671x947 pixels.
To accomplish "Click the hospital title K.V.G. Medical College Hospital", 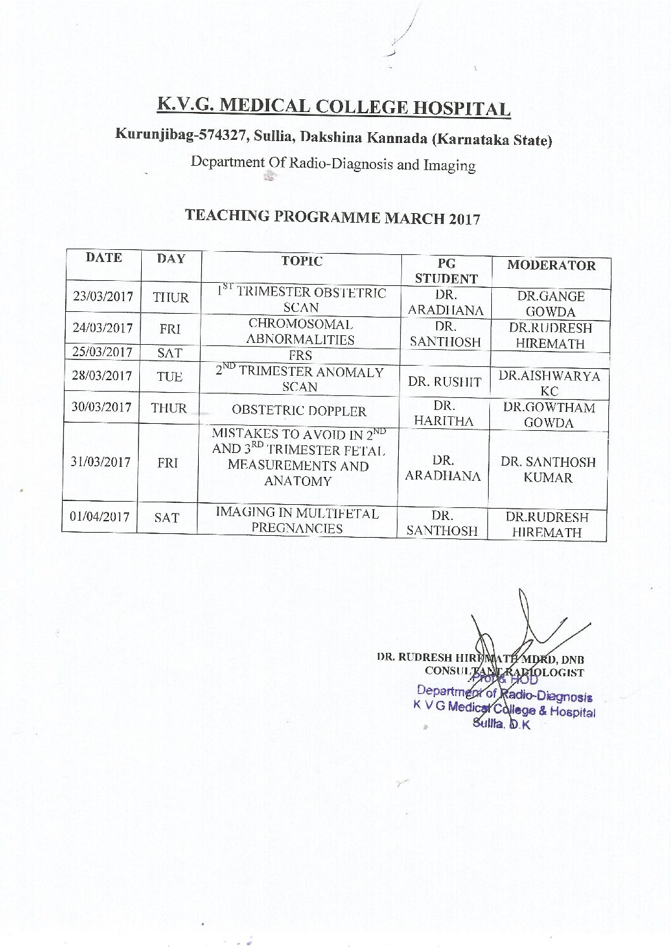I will tap(334, 106).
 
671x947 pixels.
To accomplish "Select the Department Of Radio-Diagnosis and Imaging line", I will tap(334, 164).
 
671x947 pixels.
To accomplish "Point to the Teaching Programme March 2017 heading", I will tap(332, 217).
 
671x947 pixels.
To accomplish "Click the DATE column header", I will tap(104, 258).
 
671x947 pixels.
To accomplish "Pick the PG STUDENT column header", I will tap(446, 271).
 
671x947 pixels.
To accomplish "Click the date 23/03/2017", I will tap(103, 297).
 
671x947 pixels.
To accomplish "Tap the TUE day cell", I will tap(169, 376).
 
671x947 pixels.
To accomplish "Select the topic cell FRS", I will tap(300, 356).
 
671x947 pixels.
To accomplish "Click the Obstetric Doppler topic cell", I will tap(299, 411).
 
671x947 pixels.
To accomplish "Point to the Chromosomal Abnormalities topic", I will tap(300, 331).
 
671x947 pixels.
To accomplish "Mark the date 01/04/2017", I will tap(99, 517).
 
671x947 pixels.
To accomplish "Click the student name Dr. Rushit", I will tap(444, 382).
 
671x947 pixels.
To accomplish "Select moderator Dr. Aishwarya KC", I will tap(549, 383).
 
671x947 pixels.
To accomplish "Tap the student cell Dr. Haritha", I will tap(443, 413).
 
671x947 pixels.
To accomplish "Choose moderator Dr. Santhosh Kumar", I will tap(548, 469).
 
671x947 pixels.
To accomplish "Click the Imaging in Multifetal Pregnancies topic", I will tap(298, 521).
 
